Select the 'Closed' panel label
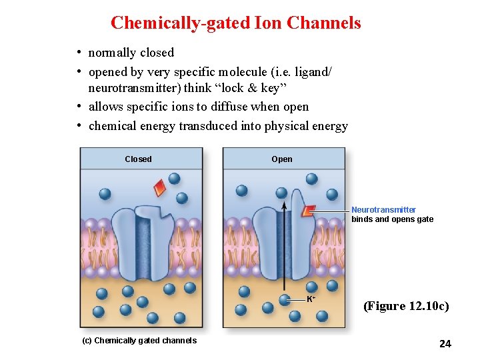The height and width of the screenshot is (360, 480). (x=138, y=159)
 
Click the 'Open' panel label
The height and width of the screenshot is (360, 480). (x=281, y=159)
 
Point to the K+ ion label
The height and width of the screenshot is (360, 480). (x=311, y=299)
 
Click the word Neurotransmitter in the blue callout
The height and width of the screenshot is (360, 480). (x=383, y=210)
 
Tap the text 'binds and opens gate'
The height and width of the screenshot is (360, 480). (x=392, y=219)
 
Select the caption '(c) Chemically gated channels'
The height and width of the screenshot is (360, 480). (x=139, y=341)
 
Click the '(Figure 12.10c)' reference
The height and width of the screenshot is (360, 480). (x=405, y=307)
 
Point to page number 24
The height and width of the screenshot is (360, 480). (x=445, y=344)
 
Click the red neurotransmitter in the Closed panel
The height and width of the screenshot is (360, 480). (x=159, y=188)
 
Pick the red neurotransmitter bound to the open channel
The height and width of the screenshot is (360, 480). (x=308, y=211)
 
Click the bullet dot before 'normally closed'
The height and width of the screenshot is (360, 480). (x=79, y=53)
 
